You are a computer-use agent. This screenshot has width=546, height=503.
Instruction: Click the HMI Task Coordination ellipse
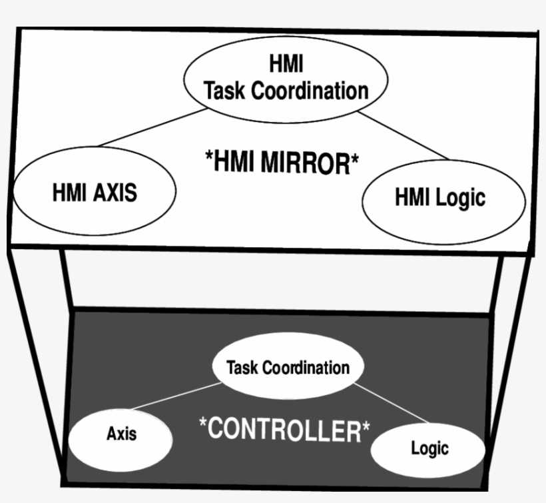286,79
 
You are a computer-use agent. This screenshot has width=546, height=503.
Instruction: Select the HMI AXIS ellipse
95,192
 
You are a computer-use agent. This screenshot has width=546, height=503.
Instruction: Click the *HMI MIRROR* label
282,161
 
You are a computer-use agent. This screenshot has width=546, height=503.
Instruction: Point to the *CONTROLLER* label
284,429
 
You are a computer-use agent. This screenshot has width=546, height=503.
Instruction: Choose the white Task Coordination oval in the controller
288,367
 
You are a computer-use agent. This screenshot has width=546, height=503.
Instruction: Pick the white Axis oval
121,434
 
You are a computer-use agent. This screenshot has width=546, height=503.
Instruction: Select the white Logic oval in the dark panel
429,448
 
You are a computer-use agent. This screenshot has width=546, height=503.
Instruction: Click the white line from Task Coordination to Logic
393,403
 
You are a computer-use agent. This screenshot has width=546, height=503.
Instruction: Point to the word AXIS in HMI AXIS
115,193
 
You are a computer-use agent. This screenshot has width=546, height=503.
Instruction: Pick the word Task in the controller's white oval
242,368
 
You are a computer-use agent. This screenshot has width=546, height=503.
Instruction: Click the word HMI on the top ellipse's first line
286,65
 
